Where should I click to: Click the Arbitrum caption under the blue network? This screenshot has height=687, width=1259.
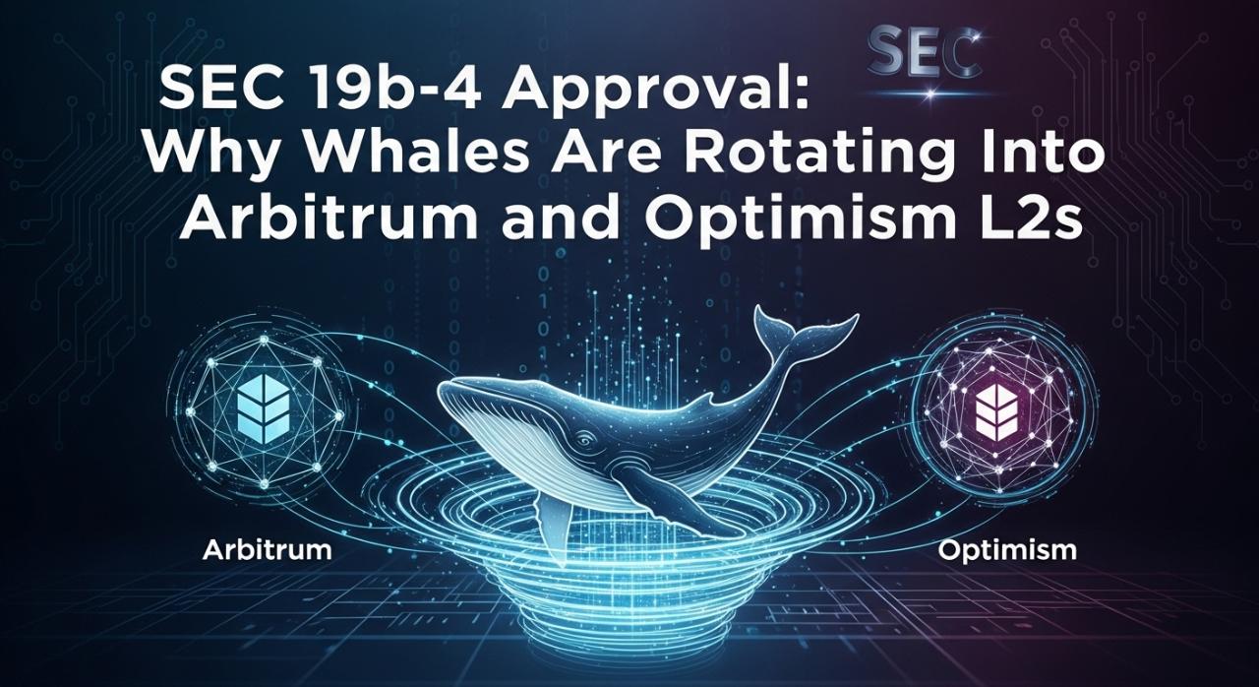(267, 550)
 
